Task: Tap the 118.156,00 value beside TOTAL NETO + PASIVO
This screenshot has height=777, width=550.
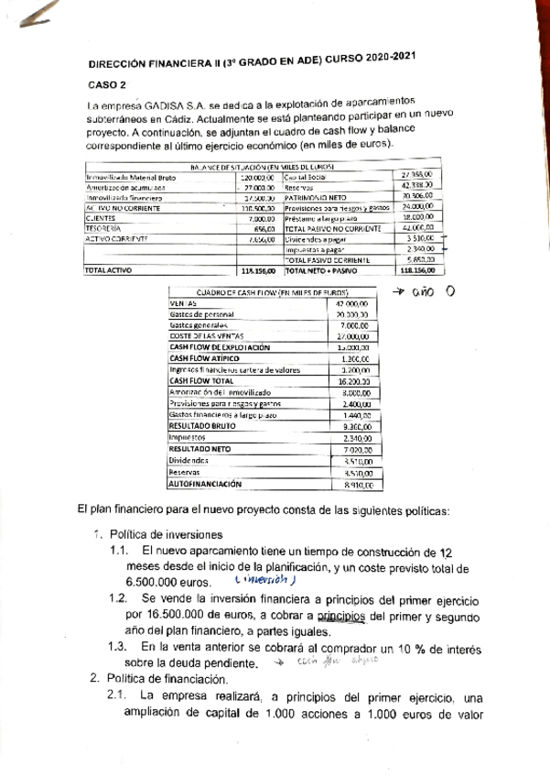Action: [x=420, y=271]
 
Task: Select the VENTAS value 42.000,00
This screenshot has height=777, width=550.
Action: [x=351, y=303]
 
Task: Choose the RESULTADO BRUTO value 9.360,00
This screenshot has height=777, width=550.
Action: [x=351, y=426]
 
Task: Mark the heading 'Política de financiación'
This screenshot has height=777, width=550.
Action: [x=166, y=679]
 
